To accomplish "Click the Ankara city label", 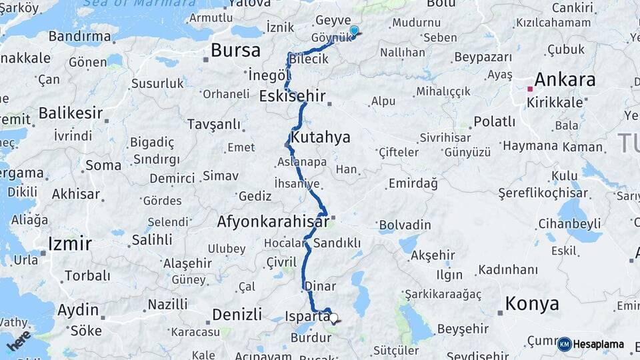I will [565, 80].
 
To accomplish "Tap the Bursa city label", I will [235, 51].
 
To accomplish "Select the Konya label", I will [532, 304].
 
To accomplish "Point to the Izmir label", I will [69, 243].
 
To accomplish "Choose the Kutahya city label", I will [320, 138].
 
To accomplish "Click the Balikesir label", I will [69, 113].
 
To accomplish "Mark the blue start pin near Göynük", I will [354, 31].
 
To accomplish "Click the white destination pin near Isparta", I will [334, 319].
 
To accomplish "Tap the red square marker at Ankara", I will [530, 88].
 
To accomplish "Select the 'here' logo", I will [19, 340].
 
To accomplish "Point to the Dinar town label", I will [319, 286].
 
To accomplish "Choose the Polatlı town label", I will [494, 122].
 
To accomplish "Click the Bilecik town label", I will [309, 59].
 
